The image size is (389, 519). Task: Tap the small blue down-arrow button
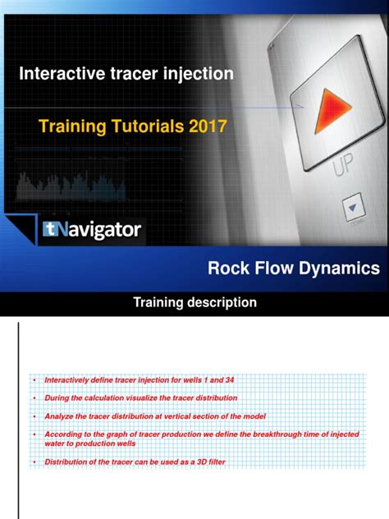point(353,209)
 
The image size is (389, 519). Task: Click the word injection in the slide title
point(197,74)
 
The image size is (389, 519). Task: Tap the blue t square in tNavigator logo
point(51,231)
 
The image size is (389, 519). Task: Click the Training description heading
point(194,303)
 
